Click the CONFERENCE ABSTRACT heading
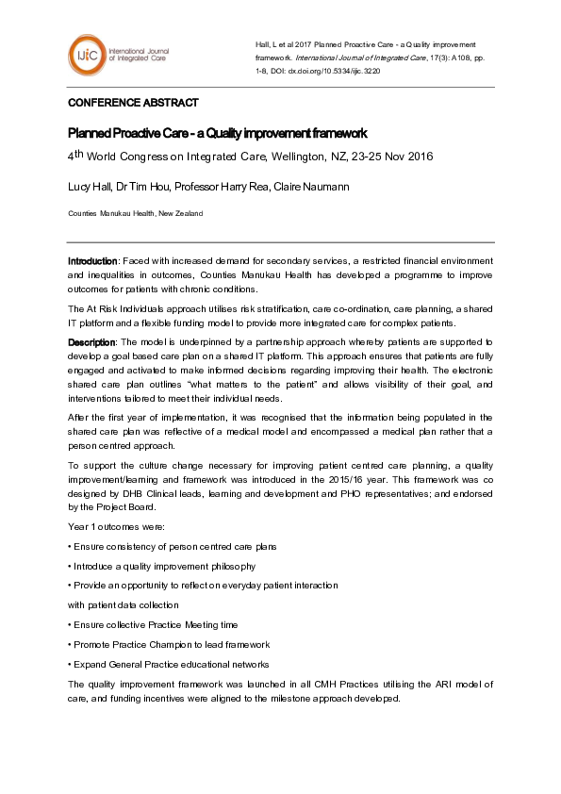point(133,103)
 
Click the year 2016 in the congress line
point(417,157)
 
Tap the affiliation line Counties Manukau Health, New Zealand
point(135,214)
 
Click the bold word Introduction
point(92,259)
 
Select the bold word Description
point(91,340)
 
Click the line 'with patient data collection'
point(123,604)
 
